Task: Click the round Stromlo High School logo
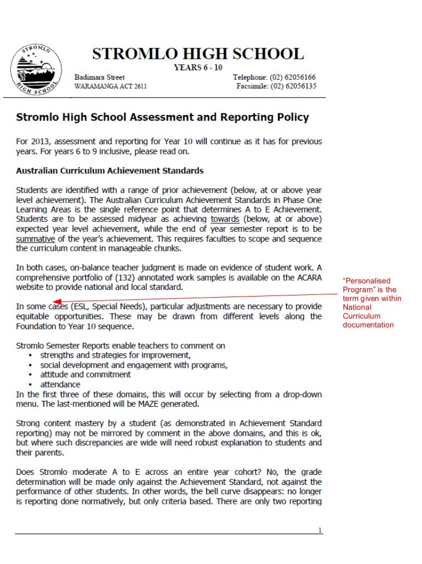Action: (32, 71)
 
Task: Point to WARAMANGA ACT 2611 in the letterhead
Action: (110, 87)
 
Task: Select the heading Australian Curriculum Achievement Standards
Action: (110, 171)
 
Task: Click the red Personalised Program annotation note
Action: (372, 303)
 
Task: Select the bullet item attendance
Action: (60, 384)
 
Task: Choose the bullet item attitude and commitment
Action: (85, 374)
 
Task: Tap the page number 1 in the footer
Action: (320, 530)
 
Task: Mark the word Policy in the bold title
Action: (291, 117)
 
